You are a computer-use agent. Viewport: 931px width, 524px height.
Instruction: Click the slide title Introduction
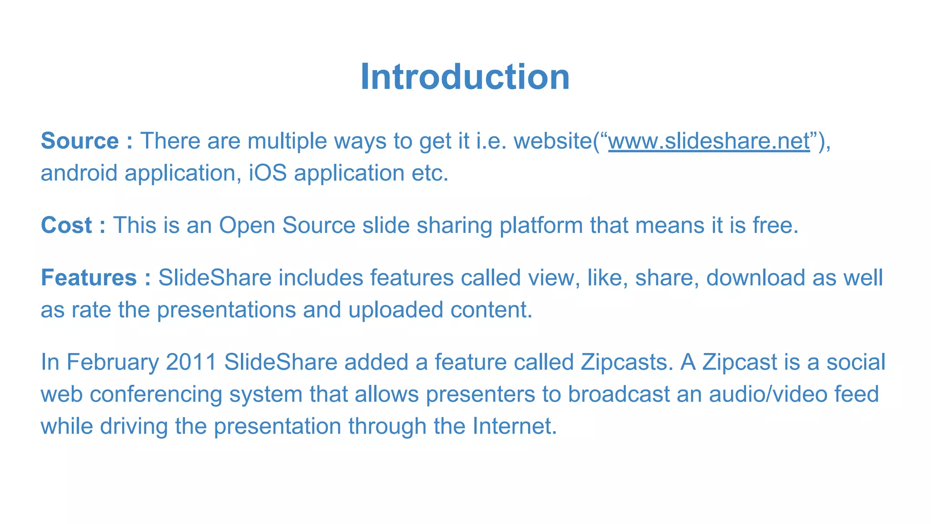click(465, 77)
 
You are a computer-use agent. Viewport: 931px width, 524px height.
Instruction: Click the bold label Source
click(80, 141)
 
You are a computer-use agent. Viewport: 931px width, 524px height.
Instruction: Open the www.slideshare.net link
click(709, 141)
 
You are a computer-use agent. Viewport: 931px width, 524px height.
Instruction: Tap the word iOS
click(268, 173)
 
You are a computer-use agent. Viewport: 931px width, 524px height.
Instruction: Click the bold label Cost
click(66, 226)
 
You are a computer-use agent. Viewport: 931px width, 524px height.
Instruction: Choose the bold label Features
click(89, 278)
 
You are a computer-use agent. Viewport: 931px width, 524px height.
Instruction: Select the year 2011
click(191, 363)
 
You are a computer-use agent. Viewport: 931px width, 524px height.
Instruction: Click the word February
click(113, 363)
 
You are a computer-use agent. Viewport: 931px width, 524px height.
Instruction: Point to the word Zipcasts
click(626, 363)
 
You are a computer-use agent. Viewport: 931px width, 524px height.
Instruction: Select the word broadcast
click(619, 394)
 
